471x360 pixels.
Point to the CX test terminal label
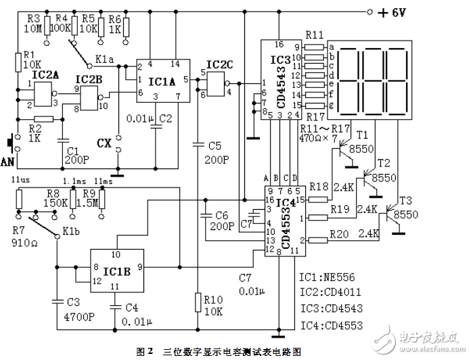pos(104,143)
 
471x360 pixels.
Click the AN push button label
pos(8,161)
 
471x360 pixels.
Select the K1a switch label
pos(104,60)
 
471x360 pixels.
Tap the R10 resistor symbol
pos(197,301)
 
